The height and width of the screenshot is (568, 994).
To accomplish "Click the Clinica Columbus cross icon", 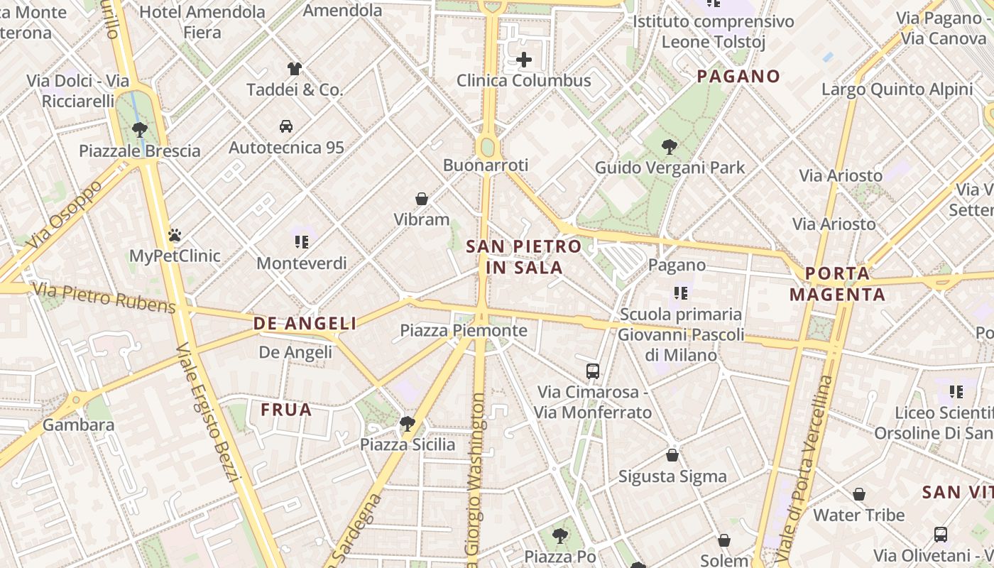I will pos(524,60).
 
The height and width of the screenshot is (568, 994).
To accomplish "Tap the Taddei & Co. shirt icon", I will pos(295,69).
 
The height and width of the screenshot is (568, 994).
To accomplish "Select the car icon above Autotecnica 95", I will pos(286,126).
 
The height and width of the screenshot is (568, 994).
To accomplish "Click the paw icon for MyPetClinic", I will pos(175,235).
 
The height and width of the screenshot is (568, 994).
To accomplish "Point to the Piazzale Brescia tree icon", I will pos(140,130).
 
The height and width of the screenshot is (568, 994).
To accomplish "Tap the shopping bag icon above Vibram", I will pos(422,199).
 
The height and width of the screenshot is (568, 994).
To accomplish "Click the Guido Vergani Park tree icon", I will pos(669,147).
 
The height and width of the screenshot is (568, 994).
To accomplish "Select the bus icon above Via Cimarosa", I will pos(593,371).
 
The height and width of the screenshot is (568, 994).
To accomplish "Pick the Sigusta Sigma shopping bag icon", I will pos(672,455).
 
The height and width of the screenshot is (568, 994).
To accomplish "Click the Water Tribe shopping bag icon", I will pos(859,494).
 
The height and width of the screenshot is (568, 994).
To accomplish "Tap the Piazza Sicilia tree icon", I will pos(408,424).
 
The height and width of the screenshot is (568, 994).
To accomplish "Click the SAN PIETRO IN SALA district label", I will pos(524,257).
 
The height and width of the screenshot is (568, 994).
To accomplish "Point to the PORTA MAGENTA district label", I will pos(838,284).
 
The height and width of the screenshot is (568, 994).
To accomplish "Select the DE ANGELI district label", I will pos(305,324).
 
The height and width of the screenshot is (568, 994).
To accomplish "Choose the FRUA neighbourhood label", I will pos(286,410).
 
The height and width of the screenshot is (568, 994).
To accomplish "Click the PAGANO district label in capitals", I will pos(738,77).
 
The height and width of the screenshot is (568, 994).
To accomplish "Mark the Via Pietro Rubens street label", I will pos(104,297).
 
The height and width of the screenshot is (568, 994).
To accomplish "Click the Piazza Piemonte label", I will pos(464,331).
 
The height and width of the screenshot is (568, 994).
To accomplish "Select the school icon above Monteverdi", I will pos(302,242).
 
